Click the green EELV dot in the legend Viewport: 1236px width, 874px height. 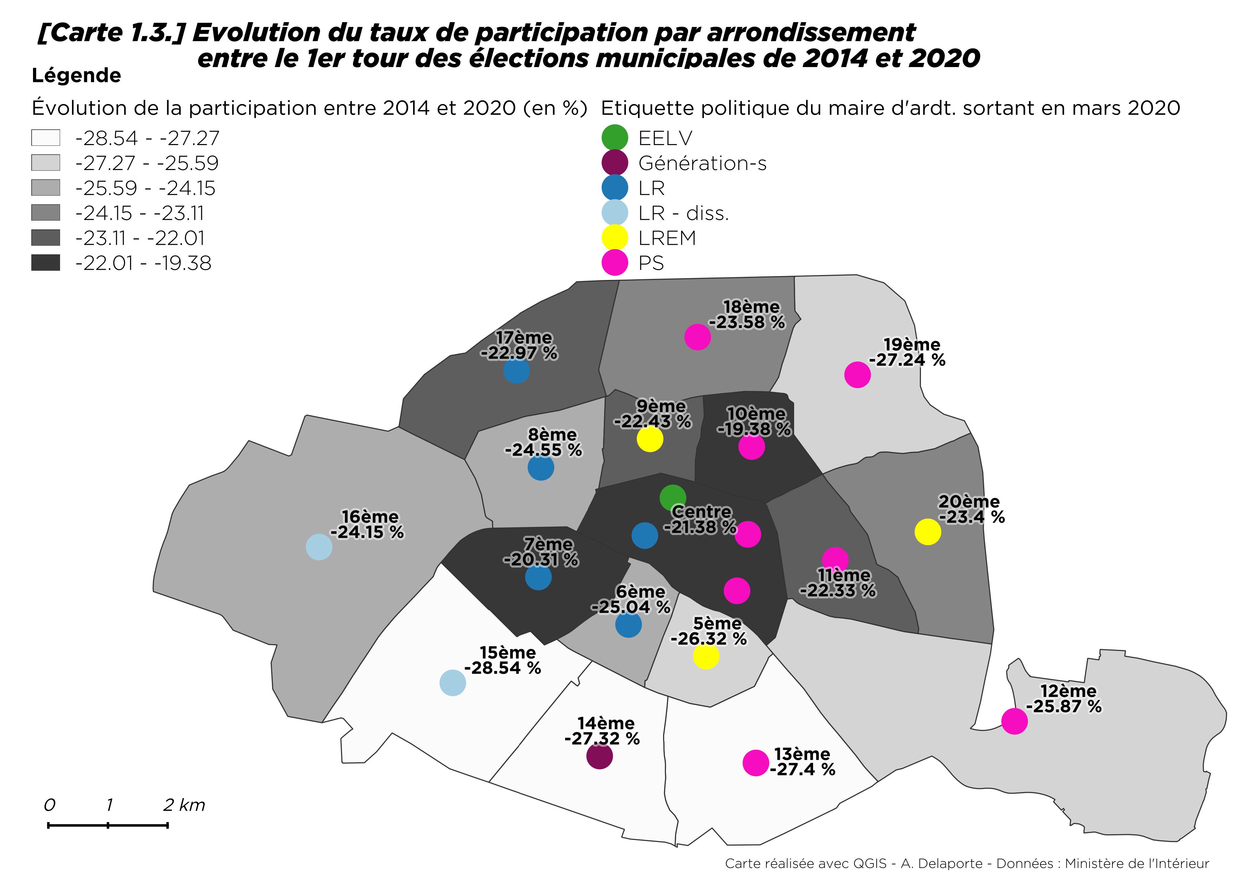614,138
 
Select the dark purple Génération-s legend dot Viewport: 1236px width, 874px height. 614,163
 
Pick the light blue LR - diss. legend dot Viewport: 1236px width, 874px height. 614,213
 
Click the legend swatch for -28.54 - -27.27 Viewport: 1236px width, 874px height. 46,138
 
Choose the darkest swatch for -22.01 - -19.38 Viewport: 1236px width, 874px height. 46,263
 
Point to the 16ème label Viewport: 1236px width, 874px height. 370,516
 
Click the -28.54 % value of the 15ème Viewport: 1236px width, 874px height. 503,668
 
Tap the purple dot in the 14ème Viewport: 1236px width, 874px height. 599,756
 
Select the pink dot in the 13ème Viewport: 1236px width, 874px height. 756,763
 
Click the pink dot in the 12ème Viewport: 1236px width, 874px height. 1014,721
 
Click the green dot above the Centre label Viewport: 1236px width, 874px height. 673,497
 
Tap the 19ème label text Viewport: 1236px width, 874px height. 912,344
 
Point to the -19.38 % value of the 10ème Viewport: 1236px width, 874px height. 754,429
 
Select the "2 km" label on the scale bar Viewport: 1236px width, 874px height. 184,805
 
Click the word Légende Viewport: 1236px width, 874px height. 77,76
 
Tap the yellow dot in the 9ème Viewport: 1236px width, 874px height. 650,439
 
